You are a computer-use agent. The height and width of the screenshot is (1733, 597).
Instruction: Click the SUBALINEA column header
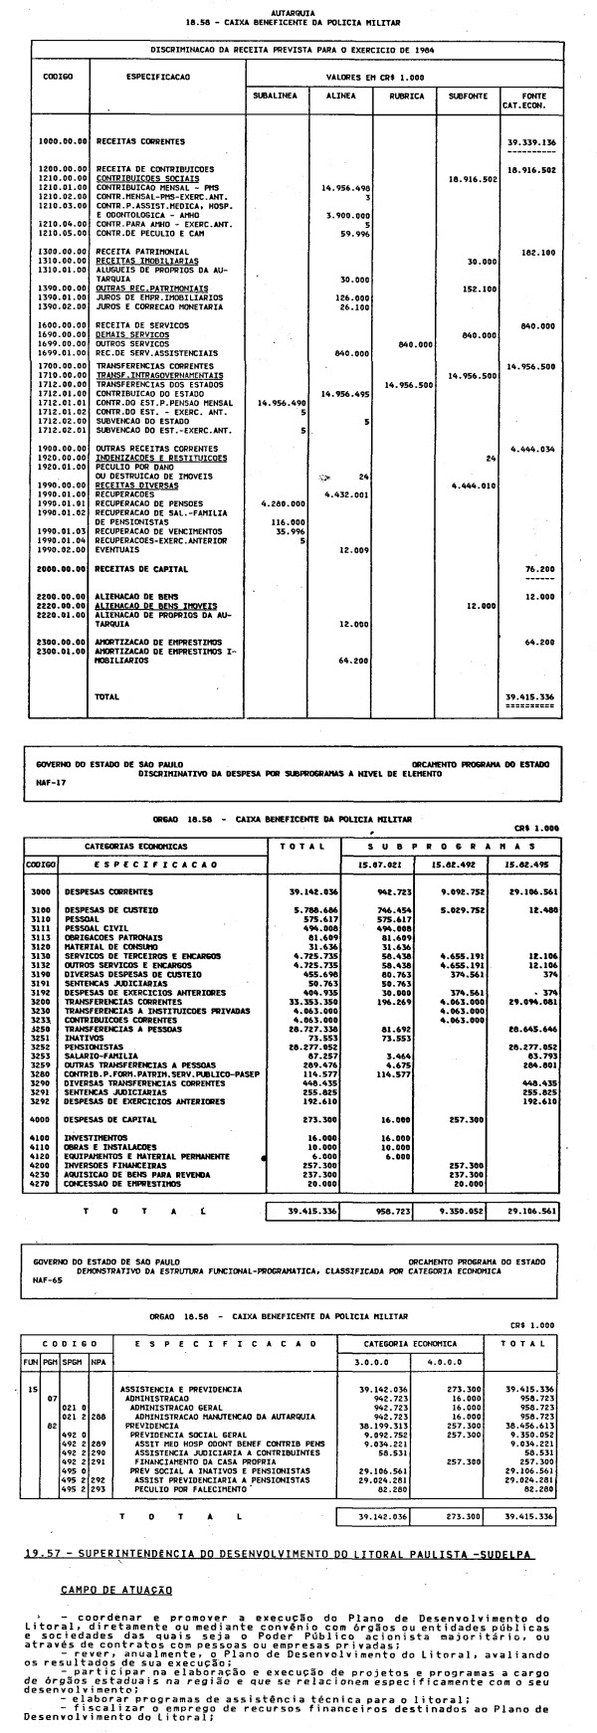point(275,96)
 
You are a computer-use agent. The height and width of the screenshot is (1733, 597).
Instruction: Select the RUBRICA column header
point(406,96)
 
